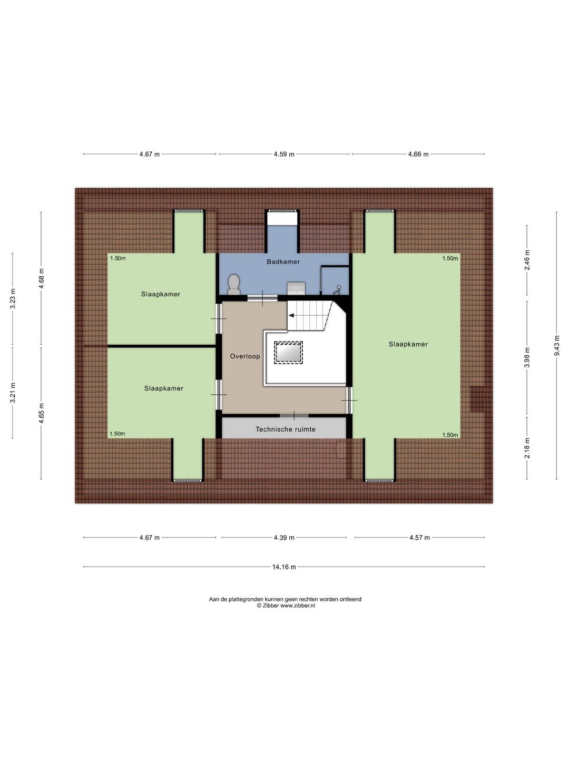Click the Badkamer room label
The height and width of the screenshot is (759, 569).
[x=283, y=262]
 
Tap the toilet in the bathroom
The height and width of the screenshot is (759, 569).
[x=234, y=285]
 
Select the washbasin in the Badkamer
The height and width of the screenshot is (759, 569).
[x=296, y=288]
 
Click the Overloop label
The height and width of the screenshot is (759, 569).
[x=245, y=356]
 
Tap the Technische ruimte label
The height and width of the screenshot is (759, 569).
[x=286, y=429]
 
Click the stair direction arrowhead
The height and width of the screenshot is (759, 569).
[x=291, y=315]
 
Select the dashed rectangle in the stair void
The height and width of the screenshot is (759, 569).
[x=289, y=353]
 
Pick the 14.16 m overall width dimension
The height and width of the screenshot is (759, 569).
[x=284, y=567]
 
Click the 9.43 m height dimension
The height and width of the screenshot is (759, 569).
[x=556, y=346]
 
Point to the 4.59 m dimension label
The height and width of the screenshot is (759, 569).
[x=284, y=154]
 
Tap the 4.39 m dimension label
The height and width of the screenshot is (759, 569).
[x=284, y=537]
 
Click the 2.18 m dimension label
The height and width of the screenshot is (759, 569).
[x=526, y=448]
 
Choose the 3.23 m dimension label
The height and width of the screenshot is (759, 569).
[x=13, y=298]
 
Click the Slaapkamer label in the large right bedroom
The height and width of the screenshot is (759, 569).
[x=408, y=344]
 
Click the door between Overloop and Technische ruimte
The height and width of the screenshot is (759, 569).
[x=294, y=415]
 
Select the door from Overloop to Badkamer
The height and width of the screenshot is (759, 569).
[x=262, y=298]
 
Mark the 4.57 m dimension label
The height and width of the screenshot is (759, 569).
[x=419, y=537]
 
